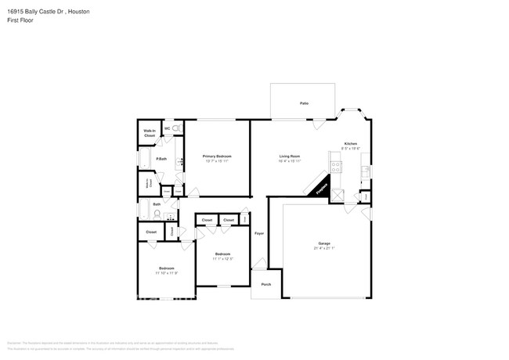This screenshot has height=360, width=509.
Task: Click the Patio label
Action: tap(304, 103)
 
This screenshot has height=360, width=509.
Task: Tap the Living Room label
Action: tap(291, 157)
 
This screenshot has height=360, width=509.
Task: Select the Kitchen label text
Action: tap(351, 143)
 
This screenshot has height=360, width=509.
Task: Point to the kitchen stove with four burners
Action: tap(337, 167)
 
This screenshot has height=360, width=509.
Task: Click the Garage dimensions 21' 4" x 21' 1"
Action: tap(324, 248)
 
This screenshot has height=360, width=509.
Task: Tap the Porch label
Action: tap(266, 284)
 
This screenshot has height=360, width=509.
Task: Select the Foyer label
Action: tap(259, 233)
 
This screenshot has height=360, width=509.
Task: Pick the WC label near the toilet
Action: tap(168, 128)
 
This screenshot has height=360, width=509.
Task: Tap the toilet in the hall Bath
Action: tap(157, 212)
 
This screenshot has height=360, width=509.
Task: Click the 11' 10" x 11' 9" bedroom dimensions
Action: tap(167, 273)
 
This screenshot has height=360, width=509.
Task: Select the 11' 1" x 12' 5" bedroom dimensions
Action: tap(223, 259)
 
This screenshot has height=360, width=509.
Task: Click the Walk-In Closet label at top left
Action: tap(149, 134)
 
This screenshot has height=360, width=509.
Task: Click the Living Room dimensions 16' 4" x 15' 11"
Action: tap(291, 161)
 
